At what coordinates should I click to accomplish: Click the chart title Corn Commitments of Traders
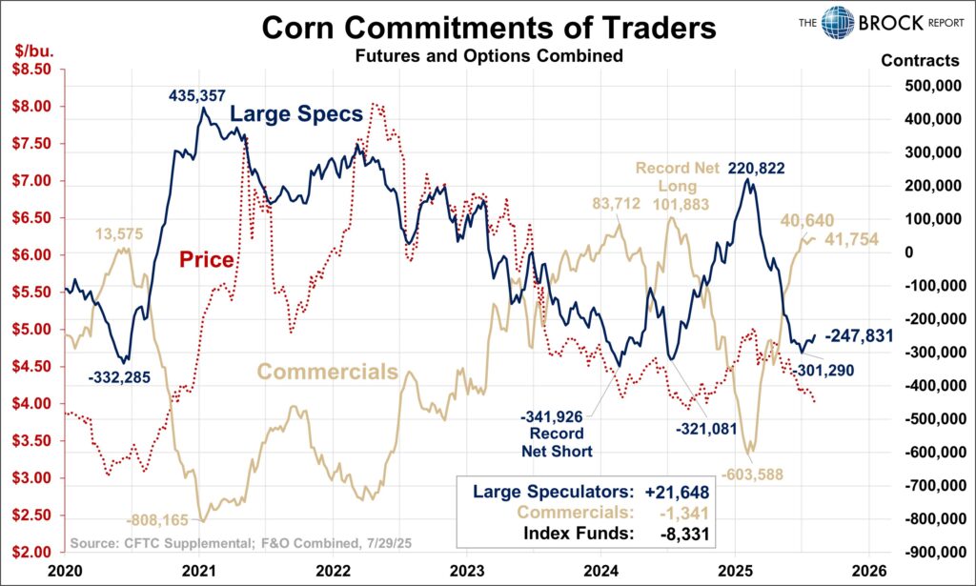[x=488, y=27]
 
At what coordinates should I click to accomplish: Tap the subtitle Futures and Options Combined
[x=488, y=56]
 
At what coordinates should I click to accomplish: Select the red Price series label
[x=206, y=259]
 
